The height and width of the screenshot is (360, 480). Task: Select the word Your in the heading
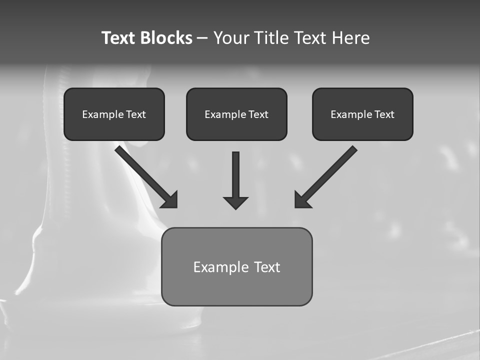pos(231,38)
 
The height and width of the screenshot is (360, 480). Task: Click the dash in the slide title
pos(202,38)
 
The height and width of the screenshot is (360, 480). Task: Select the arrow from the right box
pos(327,175)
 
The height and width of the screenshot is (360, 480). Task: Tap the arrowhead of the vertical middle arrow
pos(235,202)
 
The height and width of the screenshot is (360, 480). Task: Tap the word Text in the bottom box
pos(267,267)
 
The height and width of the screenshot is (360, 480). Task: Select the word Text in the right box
pos(384,114)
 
